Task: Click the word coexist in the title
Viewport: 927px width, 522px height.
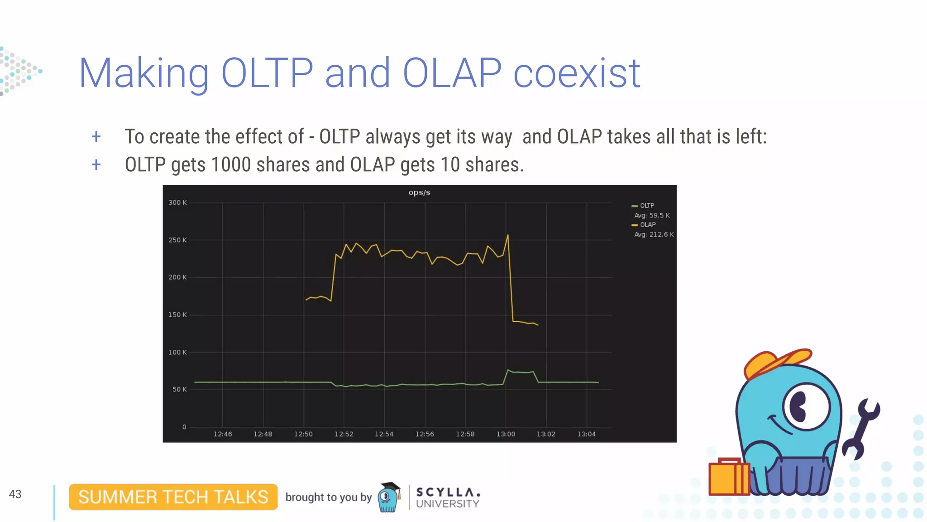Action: pyautogui.click(x=576, y=73)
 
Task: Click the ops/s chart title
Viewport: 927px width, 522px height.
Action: pyautogui.click(x=419, y=193)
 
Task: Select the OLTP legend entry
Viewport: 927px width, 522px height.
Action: pyautogui.click(x=646, y=206)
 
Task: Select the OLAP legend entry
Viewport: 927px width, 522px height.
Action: pyautogui.click(x=647, y=225)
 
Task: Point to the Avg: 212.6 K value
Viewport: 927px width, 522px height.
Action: pyautogui.click(x=654, y=234)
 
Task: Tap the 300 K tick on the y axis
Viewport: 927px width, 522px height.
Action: pyautogui.click(x=177, y=203)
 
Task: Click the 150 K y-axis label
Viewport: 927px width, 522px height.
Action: pyautogui.click(x=177, y=315)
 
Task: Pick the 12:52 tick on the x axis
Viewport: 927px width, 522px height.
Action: pyautogui.click(x=344, y=434)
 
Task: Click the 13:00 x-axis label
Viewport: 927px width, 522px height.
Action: pyautogui.click(x=506, y=434)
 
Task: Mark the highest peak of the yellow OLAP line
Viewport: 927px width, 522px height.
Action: pyautogui.click(x=508, y=235)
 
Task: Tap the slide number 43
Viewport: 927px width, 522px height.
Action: pyautogui.click(x=15, y=494)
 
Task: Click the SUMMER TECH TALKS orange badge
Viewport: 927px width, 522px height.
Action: pyautogui.click(x=173, y=497)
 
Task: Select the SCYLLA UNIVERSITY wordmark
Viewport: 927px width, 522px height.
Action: pyautogui.click(x=447, y=498)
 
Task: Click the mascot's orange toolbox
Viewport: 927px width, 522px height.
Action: pyautogui.click(x=728, y=478)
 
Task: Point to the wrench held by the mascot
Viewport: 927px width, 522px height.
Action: pyautogui.click(x=861, y=426)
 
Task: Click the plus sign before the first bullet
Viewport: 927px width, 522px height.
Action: pyautogui.click(x=96, y=136)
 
